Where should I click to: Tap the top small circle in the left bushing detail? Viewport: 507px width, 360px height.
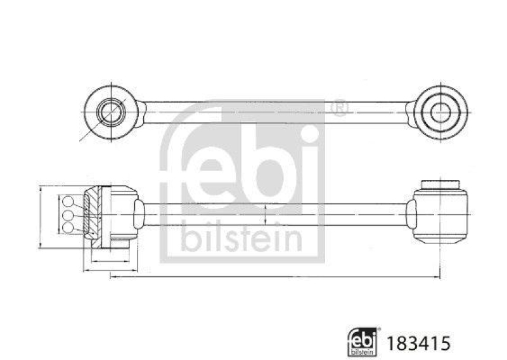point(68,202)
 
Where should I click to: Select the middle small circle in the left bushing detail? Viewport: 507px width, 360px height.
point(68,216)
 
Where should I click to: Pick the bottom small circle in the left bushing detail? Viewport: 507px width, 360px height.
point(68,229)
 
